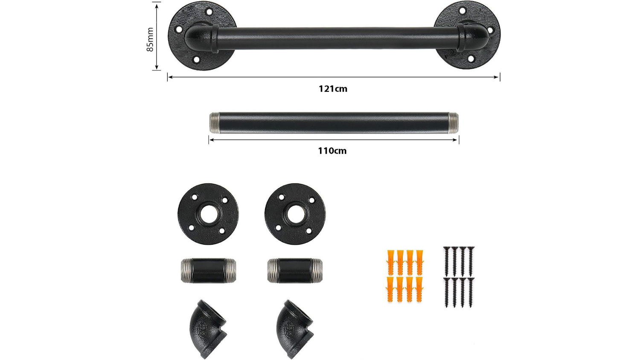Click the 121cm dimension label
[x=333, y=89]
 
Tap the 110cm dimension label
[x=332, y=151]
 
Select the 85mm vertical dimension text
[x=150, y=39]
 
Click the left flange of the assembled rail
[x=202, y=36]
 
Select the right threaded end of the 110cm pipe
[x=454, y=123]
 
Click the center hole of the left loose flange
[x=208, y=214]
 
